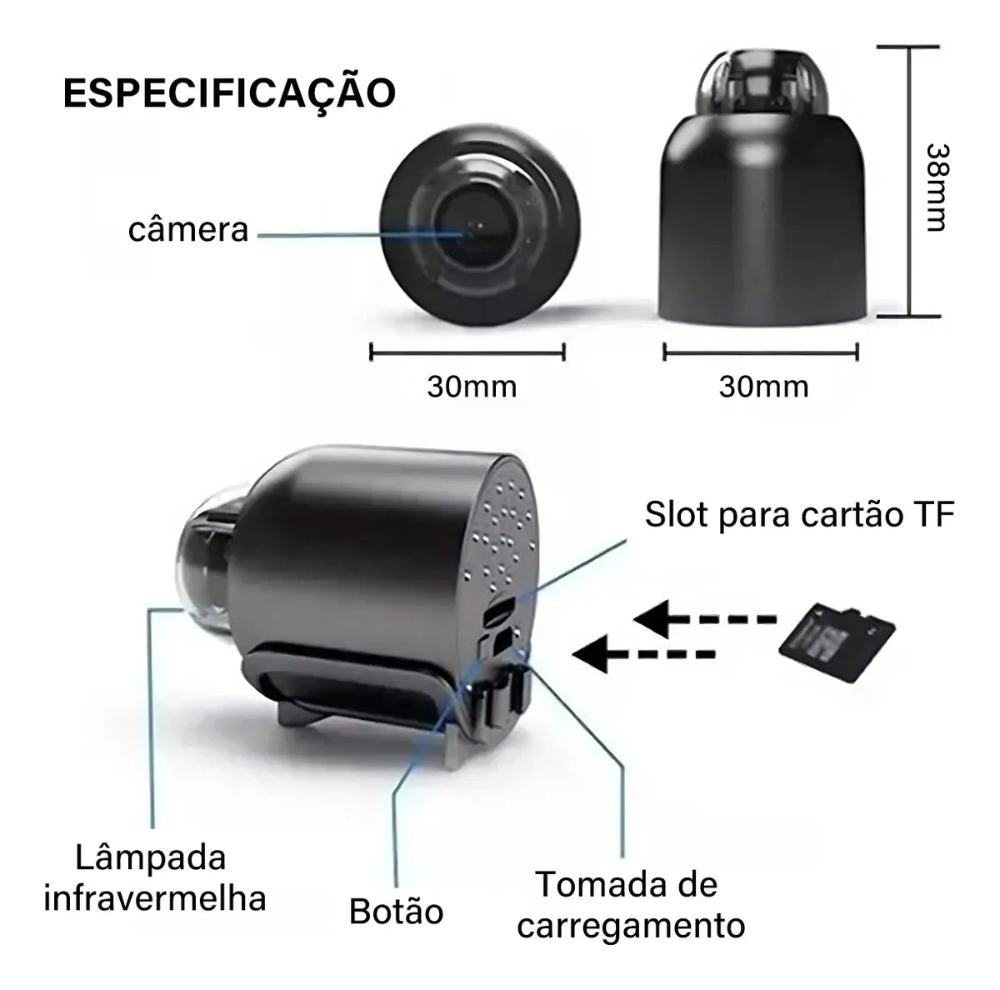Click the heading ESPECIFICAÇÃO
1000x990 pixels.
tap(229, 93)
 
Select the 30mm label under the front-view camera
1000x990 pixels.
tap(472, 387)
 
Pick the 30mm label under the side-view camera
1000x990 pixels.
tap(763, 387)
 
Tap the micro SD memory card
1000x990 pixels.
tap(837, 643)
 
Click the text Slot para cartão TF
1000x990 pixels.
tap(799, 515)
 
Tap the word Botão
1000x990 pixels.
tap(396, 911)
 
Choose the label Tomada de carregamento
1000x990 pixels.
tap(630, 904)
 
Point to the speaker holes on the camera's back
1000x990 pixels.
tap(504, 533)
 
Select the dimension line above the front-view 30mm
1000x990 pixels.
tap(467, 352)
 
